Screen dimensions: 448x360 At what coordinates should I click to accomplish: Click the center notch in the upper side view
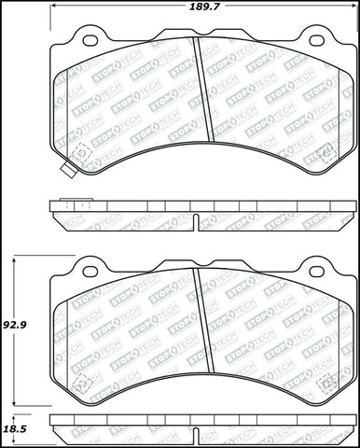click(x=199, y=219)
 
